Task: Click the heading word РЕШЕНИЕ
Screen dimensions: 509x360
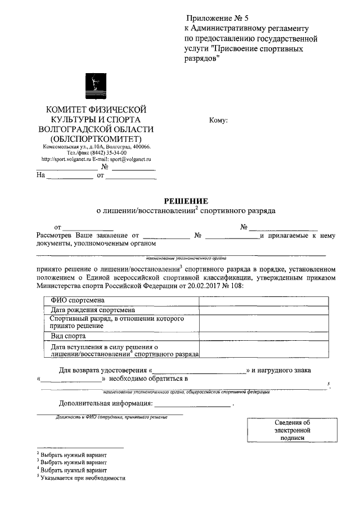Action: click(x=186, y=201)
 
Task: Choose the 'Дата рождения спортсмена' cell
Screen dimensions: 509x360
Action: click(x=92, y=309)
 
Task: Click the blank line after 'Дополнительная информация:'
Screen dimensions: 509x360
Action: click(x=193, y=403)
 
